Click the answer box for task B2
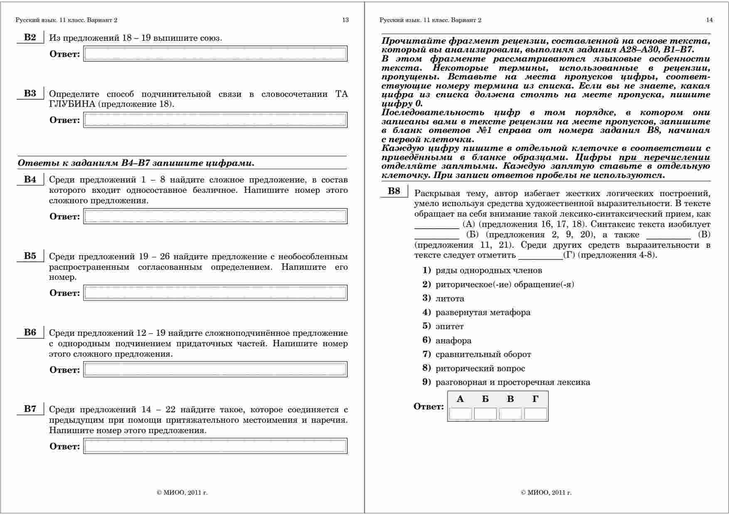click(x=215, y=54)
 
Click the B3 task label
click(x=30, y=94)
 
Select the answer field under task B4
click(x=215, y=217)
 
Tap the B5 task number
click(x=30, y=256)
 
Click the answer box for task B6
click(x=215, y=370)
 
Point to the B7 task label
click(x=30, y=409)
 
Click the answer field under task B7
click(x=215, y=446)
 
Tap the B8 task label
click(x=394, y=191)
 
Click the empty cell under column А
click(x=460, y=414)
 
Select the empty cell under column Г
click(x=535, y=414)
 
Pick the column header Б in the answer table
click(x=485, y=399)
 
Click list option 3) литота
click(x=450, y=298)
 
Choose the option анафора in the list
click(x=453, y=340)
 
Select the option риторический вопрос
click(x=480, y=368)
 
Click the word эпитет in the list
click(x=449, y=326)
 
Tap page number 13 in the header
click(x=345, y=20)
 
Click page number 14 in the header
click(x=709, y=20)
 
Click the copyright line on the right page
click(x=546, y=493)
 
